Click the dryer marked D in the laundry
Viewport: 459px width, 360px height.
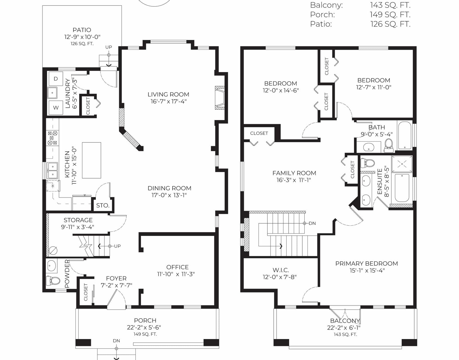[x=56, y=79]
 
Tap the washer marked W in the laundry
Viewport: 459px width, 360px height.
[x=56, y=108]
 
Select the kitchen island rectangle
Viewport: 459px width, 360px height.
[x=92, y=160]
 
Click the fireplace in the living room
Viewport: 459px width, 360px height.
[x=220, y=98]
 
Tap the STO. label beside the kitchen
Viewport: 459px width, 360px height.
[x=103, y=205]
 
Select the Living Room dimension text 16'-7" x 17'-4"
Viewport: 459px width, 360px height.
[x=169, y=101]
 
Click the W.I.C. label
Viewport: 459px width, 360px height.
[x=281, y=270]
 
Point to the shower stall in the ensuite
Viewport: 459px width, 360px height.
[x=402, y=164]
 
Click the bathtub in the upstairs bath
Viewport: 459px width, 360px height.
[x=405, y=135]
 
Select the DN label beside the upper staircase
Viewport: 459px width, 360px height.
[x=312, y=223]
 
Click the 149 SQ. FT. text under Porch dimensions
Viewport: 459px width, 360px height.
[x=145, y=334]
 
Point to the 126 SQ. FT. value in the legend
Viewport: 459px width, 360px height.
[x=390, y=24]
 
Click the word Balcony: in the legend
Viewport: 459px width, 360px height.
[x=326, y=5]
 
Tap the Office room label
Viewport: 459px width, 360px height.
[x=177, y=267]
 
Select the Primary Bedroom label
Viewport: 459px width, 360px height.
[x=367, y=263]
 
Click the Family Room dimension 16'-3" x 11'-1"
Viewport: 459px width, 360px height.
[x=294, y=180]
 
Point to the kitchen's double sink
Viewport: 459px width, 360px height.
[x=52, y=171]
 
